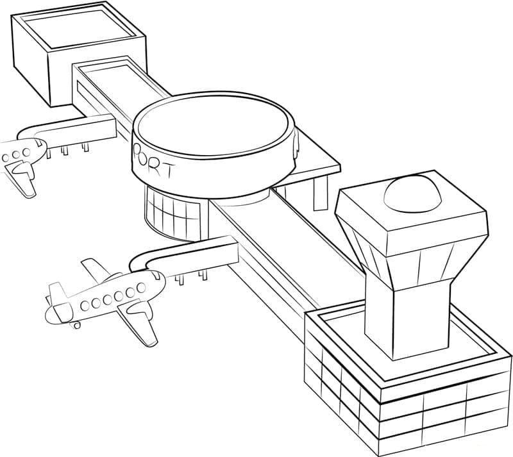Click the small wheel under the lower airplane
[78, 325]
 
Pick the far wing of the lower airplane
[96, 269]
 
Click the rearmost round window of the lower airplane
[85, 304]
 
